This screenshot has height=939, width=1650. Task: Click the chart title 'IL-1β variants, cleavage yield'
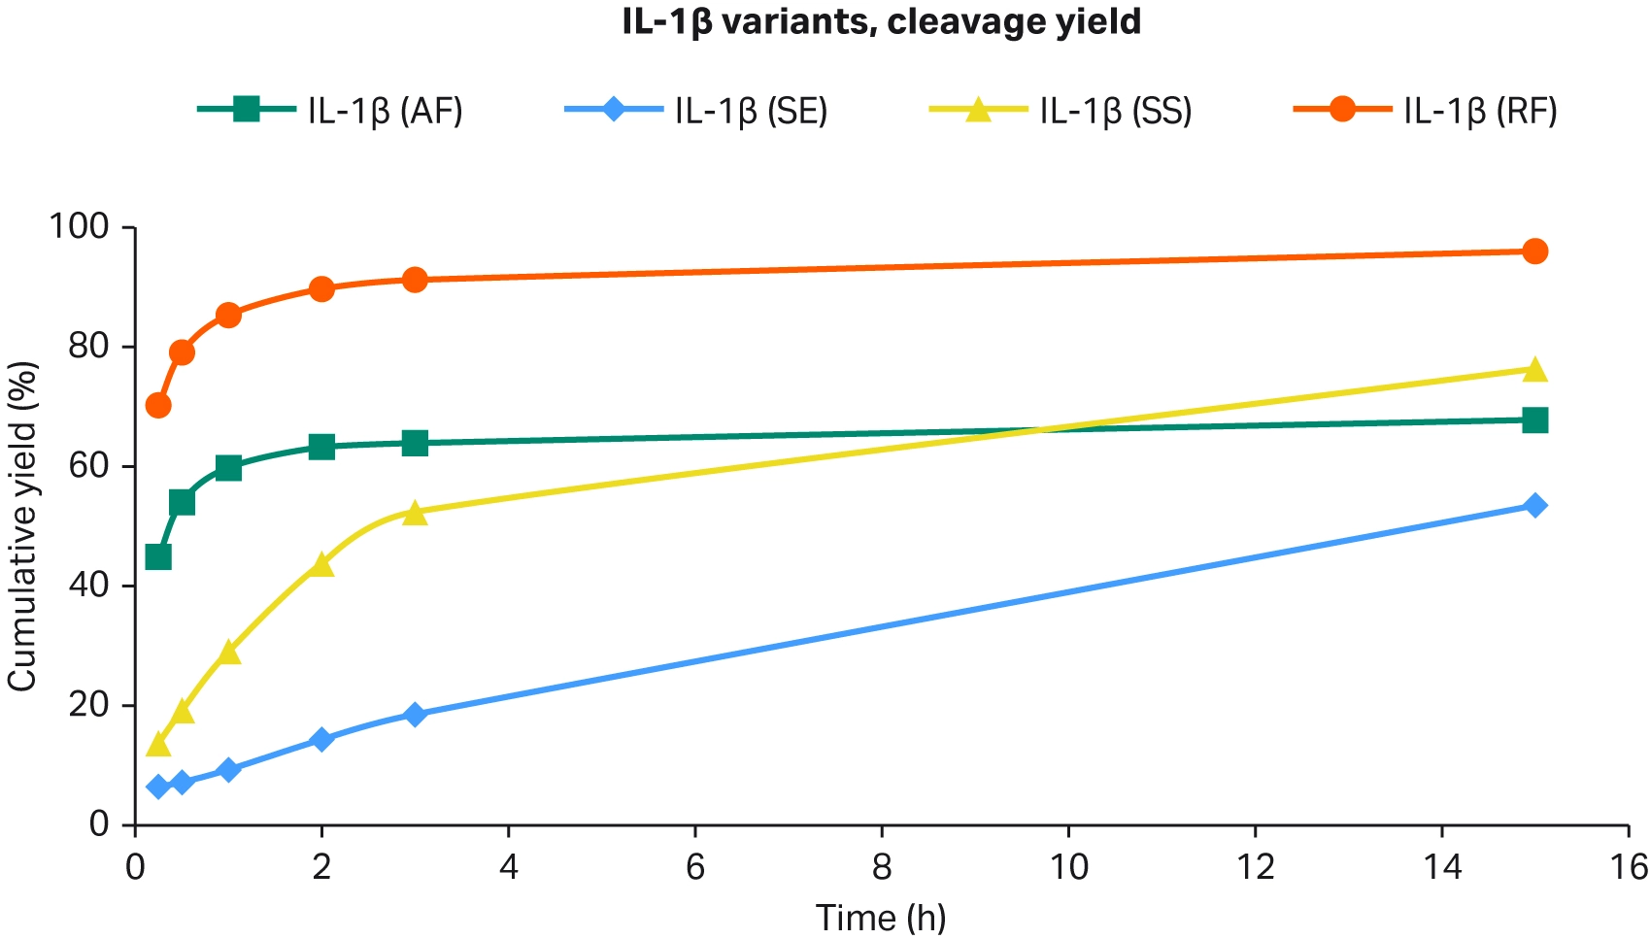[x=882, y=21]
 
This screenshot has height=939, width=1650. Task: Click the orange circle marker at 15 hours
[x=1534, y=252]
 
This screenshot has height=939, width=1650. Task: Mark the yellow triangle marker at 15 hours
[x=1534, y=370]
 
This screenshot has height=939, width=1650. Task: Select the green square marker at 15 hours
[x=1534, y=420]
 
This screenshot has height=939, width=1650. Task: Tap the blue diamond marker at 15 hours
[x=1534, y=506]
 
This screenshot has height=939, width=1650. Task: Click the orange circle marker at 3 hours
[x=415, y=281]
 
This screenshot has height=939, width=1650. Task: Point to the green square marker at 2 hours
[x=321, y=447]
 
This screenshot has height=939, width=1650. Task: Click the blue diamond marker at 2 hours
[x=321, y=740]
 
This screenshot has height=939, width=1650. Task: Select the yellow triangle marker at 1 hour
[x=228, y=653]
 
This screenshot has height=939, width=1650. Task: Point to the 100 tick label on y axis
[x=79, y=228]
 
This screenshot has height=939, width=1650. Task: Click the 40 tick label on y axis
[x=88, y=587]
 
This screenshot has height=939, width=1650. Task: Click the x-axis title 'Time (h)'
[x=881, y=918]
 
